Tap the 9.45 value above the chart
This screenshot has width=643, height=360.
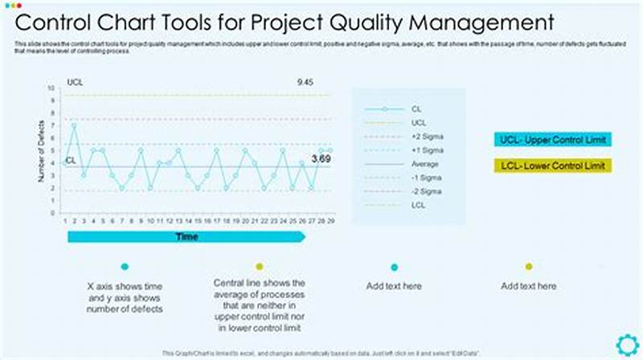point(305,82)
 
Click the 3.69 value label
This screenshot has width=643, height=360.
point(321,159)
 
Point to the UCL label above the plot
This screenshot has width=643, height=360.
point(75,82)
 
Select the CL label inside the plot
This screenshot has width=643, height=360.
point(71,160)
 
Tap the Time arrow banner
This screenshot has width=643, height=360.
point(186,236)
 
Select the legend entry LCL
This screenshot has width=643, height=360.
point(418,205)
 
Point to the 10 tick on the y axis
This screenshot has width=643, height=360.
point(51,88)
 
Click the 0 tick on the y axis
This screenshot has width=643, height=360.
point(53,212)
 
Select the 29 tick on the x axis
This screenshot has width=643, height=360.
point(330,219)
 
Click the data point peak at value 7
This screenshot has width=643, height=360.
point(74,125)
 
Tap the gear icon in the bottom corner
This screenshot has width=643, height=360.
point(627,345)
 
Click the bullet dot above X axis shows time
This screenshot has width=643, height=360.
point(125,267)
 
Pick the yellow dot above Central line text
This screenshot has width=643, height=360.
point(259,267)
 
